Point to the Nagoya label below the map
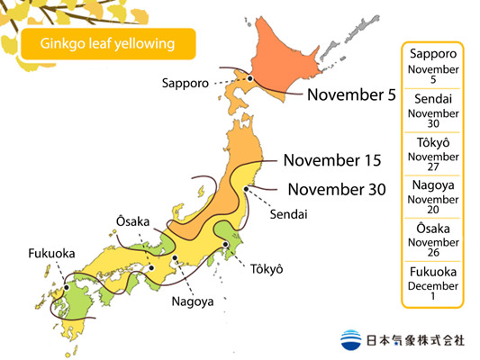tap(194, 301)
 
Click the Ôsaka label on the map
tap(133, 221)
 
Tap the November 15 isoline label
tap(331, 161)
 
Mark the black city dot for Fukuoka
tap(66, 287)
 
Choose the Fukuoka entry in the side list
tap(431, 284)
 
